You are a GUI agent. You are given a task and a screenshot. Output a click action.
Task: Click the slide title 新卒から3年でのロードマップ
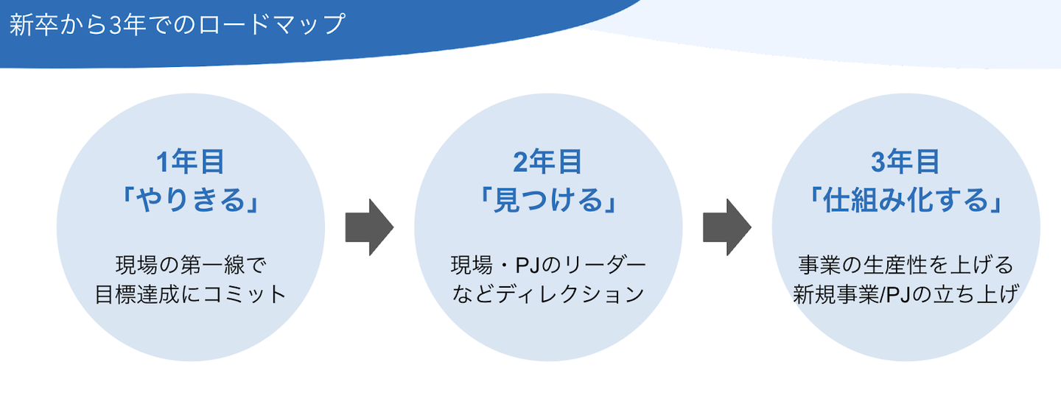177,24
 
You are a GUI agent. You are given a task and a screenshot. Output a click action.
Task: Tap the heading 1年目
190,162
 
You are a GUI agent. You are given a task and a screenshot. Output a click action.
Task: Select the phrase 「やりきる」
190,200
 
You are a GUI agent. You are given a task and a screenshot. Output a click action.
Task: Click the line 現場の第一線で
191,266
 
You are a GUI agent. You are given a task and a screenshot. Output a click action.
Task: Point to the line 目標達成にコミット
190,294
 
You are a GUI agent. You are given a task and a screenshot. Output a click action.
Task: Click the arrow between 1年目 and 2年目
369,227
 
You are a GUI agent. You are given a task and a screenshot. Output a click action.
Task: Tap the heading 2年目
548,162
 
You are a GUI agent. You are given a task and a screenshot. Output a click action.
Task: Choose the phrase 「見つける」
548,200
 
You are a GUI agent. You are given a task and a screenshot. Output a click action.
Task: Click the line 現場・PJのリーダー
548,266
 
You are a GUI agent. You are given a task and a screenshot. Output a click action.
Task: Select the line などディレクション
548,294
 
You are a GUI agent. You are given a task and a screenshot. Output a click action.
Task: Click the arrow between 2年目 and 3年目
727,227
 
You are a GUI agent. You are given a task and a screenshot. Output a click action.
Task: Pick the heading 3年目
906,162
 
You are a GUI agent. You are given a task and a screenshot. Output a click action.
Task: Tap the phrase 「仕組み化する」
906,200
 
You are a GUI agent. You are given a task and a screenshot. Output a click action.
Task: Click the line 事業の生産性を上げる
906,266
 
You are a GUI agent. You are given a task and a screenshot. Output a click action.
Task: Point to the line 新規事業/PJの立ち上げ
906,294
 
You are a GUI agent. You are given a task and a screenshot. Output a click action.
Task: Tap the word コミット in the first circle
245,294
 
